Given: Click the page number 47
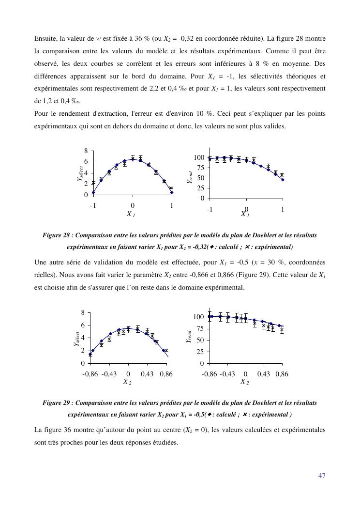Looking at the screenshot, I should tap(322, 476).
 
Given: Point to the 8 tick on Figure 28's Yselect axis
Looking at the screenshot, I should tap(86, 151).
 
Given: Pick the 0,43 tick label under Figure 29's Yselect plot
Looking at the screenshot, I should tap(148, 374).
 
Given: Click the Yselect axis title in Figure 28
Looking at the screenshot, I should tap(80, 173).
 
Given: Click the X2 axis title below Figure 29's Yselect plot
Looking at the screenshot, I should tap(128, 382).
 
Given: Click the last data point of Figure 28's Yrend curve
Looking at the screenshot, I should tap(283, 180).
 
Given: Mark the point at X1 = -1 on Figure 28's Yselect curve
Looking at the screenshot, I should tap(93, 192).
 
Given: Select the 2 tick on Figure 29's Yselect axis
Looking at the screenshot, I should tap(83, 350).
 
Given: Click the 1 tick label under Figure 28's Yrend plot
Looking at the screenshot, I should tap(283, 209).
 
